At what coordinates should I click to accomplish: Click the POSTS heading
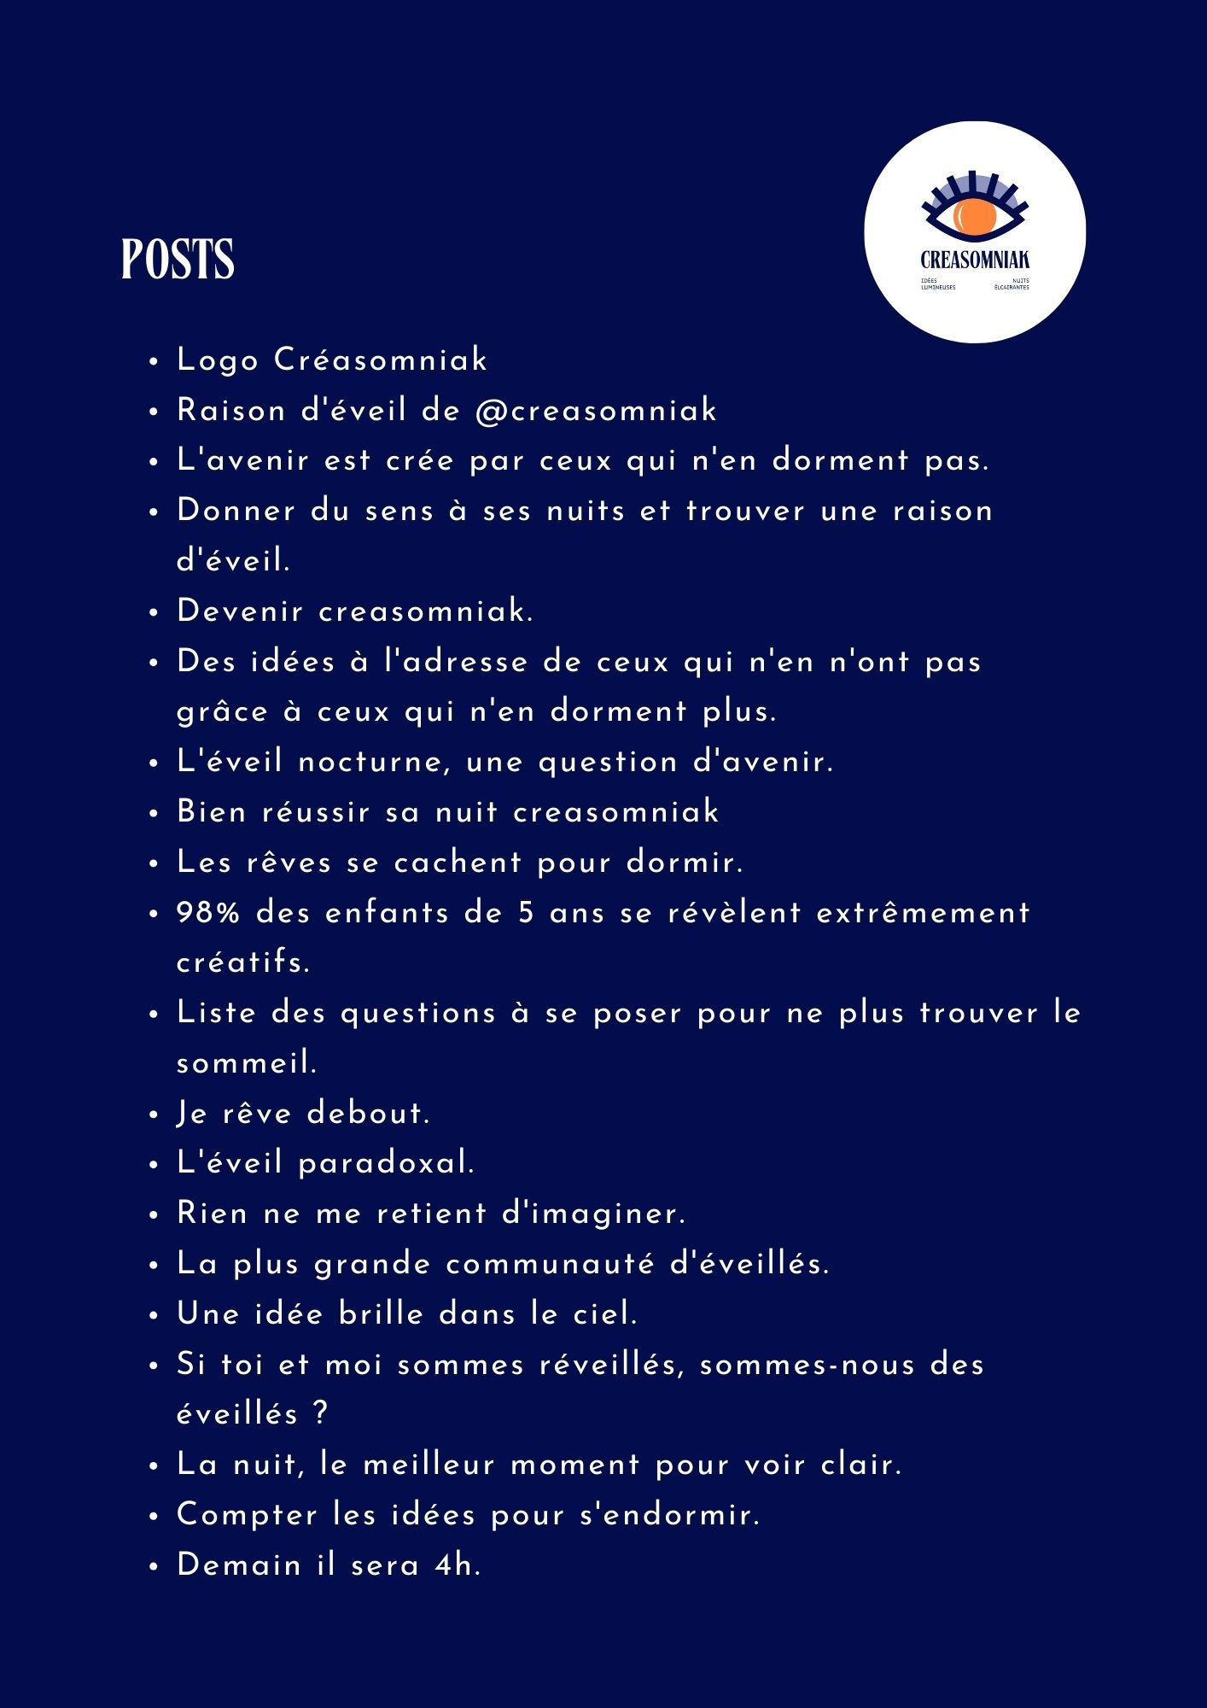coord(178,259)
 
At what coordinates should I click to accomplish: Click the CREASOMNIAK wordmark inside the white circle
coord(975,260)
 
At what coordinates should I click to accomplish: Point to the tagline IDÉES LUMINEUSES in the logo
coord(938,284)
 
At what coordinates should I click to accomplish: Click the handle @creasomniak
coord(596,411)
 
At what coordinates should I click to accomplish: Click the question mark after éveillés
coord(320,1414)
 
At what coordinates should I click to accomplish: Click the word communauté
coord(550,1264)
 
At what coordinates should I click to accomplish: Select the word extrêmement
coord(924,913)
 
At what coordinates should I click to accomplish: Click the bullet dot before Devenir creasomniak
coord(154,613)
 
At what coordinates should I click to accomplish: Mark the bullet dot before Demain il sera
coord(154,1567)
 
